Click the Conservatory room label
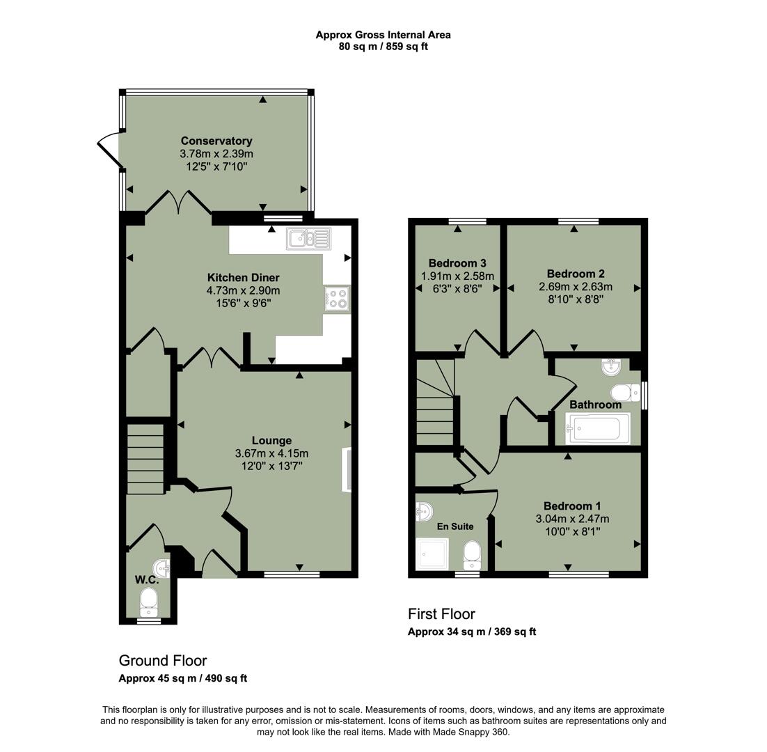(216, 141)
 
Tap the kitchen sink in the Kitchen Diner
(310, 239)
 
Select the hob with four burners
(338, 299)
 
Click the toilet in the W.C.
(148, 599)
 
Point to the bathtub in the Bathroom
(599, 428)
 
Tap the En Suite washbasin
(424, 512)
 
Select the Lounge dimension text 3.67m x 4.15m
(271, 453)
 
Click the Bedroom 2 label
(575, 274)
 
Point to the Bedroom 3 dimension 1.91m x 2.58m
(457, 276)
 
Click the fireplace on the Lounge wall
(346, 471)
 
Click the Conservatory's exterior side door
(108, 152)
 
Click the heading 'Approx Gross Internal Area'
(383, 35)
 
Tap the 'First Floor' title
(441, 613)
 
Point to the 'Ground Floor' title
(162, 660)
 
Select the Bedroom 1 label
(572, 506)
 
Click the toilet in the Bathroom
(624, 392)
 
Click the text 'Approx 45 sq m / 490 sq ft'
(183, 678)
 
